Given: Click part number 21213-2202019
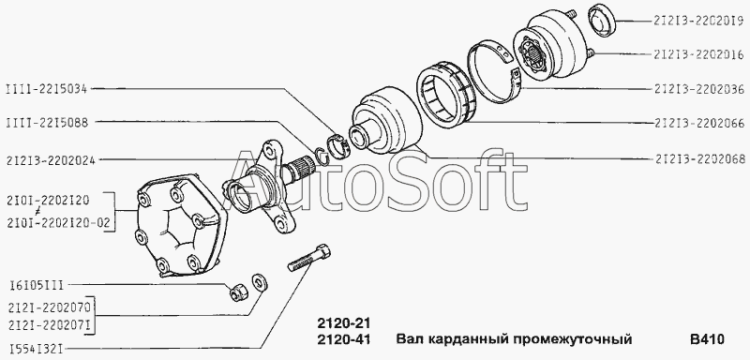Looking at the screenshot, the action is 698,21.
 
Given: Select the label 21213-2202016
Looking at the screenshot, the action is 698,54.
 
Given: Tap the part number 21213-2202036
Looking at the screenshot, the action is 698,89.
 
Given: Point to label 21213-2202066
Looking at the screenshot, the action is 698,124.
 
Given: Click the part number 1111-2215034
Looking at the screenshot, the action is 46,88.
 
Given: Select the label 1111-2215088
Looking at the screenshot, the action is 47,123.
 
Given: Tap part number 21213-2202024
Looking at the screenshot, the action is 51,160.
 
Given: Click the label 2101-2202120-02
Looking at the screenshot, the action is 58,223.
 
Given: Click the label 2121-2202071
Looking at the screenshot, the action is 49,323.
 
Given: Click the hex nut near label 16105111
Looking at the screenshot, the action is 237,292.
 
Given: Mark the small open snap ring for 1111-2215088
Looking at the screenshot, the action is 322,156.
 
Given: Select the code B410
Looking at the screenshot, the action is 707,339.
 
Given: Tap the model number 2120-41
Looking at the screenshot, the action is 344,339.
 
